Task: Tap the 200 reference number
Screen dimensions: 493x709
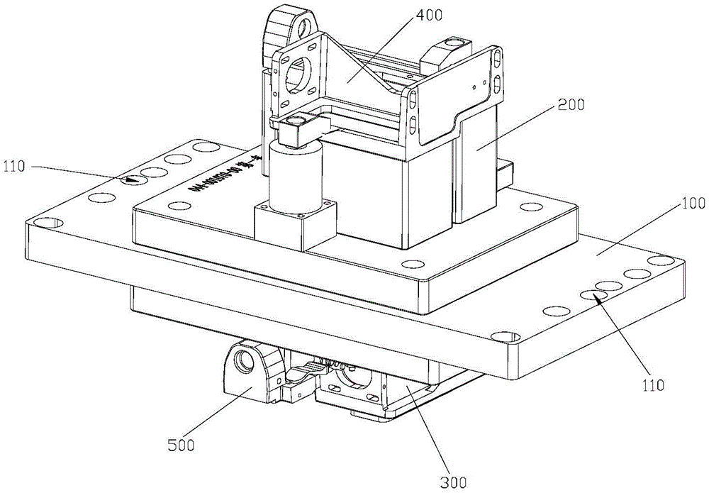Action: (571, 105)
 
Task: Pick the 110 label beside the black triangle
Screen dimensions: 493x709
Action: (15, 167)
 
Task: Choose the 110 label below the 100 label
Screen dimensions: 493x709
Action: (653, 386)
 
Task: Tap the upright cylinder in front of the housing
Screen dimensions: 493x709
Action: (295, 174)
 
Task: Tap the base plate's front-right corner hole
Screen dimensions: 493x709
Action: (503, 333)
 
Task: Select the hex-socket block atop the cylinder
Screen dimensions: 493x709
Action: (297, 128)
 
